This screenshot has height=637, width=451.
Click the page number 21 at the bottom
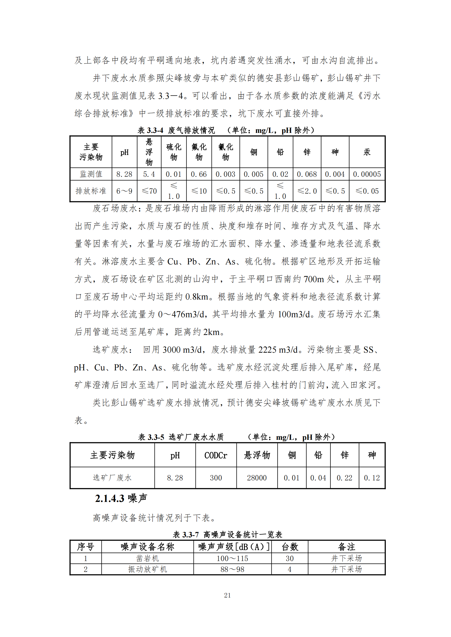[227, 595]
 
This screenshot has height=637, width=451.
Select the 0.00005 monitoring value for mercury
[366, 174]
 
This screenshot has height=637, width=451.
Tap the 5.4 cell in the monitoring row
[149, 174]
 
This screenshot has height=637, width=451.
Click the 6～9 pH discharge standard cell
[124, 191]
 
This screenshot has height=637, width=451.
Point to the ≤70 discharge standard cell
[149, 191]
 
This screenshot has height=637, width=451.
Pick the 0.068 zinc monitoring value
[306, 174]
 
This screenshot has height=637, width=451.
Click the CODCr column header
[215, 455]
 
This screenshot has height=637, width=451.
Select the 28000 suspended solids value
[257, 478]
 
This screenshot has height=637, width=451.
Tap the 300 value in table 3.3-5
[216, 478]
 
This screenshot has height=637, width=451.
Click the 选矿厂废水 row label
[112, 477]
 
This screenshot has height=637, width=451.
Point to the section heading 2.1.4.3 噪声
[121, 498]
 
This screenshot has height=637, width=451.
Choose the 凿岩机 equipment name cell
[148, 558]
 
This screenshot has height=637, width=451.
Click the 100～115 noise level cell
[232, 558]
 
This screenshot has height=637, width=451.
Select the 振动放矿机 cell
[148, 569]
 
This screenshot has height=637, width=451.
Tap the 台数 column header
[290, 547]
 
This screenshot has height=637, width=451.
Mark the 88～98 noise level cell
[232, 569]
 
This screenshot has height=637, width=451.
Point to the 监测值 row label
[91, 174]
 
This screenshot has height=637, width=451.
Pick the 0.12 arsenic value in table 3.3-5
[372, 478]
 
